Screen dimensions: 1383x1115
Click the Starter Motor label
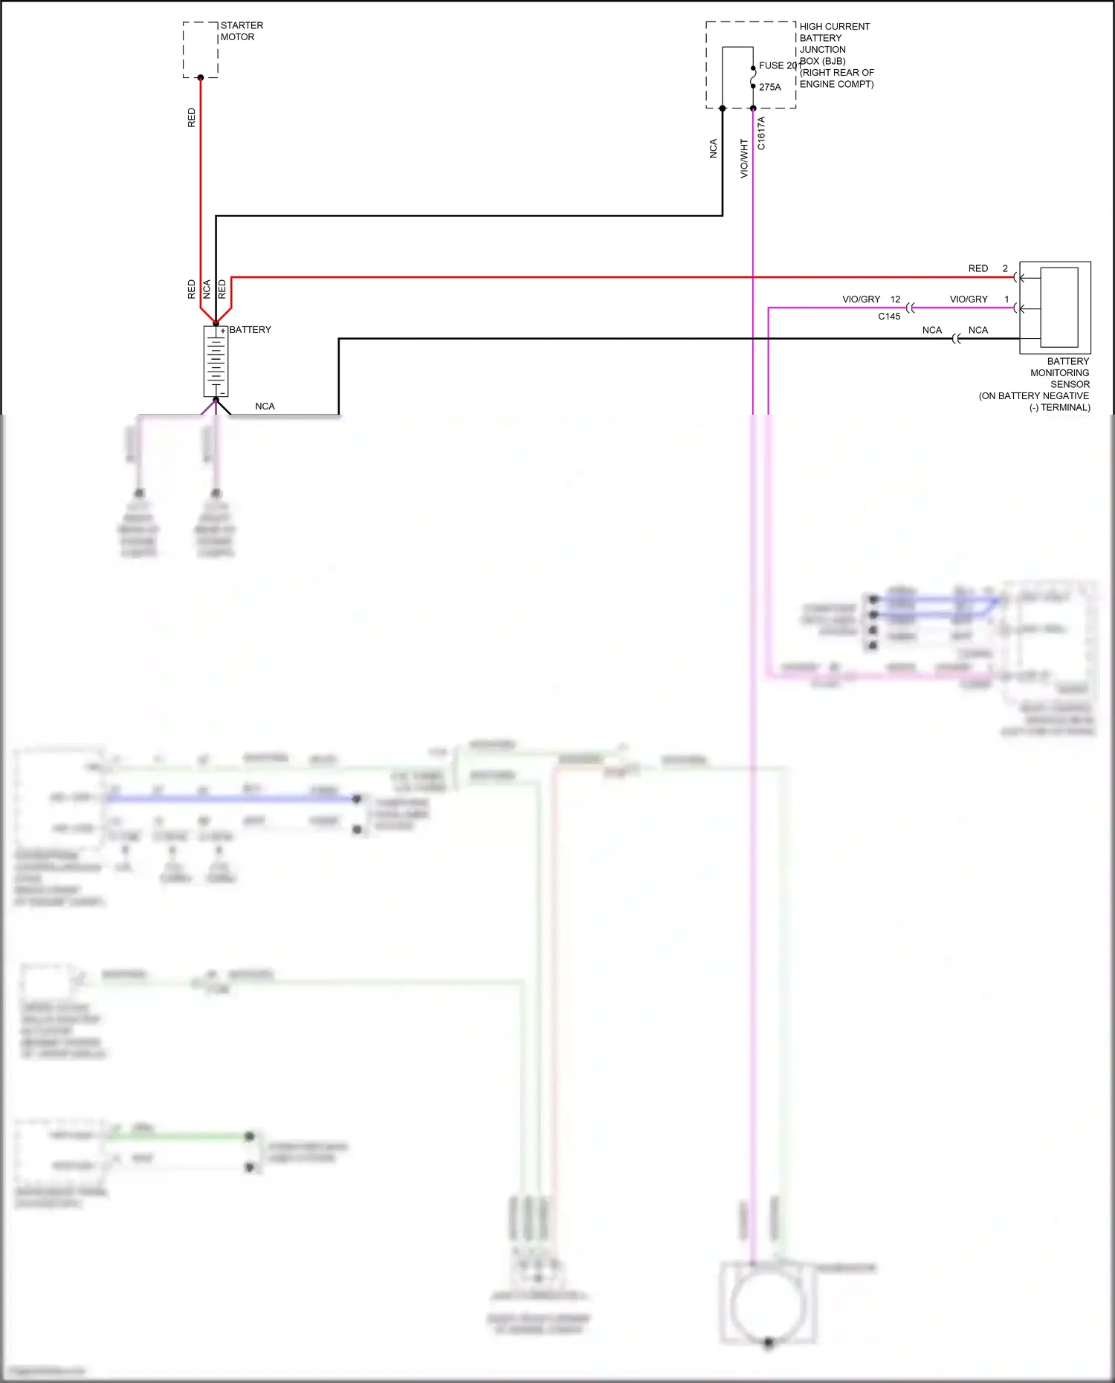pos(242,31)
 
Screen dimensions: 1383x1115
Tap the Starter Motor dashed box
pos(201,50)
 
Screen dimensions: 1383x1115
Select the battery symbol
pos(216,362)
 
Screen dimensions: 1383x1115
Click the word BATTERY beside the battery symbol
pos(251,330)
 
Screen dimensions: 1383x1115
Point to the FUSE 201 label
pos(778,65)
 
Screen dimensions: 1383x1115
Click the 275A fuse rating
pos(770,87)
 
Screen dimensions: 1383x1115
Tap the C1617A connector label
pos(761,134)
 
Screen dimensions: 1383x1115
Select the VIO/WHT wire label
pos(744,158)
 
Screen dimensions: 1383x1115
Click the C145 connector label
pos(889,317)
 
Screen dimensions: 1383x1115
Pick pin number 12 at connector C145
pos(895,299)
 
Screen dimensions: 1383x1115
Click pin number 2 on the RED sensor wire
pos(1005,268)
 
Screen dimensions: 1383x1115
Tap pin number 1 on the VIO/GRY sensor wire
pos(1006,299)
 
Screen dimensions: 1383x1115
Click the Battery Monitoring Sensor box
pos(1055,308)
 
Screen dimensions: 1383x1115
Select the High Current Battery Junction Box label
pos(836,55)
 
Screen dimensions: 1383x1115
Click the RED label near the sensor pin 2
pos(978,268)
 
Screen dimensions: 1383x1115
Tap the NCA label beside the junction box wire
pos(714,149)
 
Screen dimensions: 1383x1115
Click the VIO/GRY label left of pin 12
pos(861,299)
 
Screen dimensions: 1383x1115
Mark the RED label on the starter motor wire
pos(192,117)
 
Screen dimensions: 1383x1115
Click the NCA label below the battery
pos(265,407)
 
